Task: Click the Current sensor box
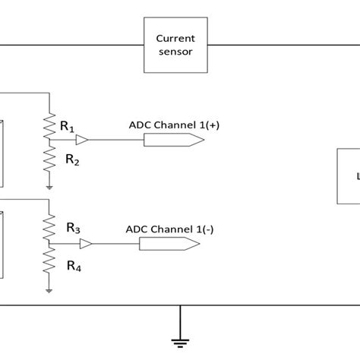coord(175,46)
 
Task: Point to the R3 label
coord(73,226)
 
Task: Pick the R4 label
coord(73,266)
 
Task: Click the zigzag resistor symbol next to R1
coord(49,126)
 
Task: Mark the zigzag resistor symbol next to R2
coord(49,159)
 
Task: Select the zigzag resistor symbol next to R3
coord(49,225)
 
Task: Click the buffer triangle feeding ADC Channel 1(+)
coord(82,141)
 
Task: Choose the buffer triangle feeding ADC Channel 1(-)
coord(86,244)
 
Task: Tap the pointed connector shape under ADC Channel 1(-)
coord(169,244)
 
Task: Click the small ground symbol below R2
coord(49,185)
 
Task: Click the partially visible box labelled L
coord(348,175)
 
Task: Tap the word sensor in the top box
coord(175,54)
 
